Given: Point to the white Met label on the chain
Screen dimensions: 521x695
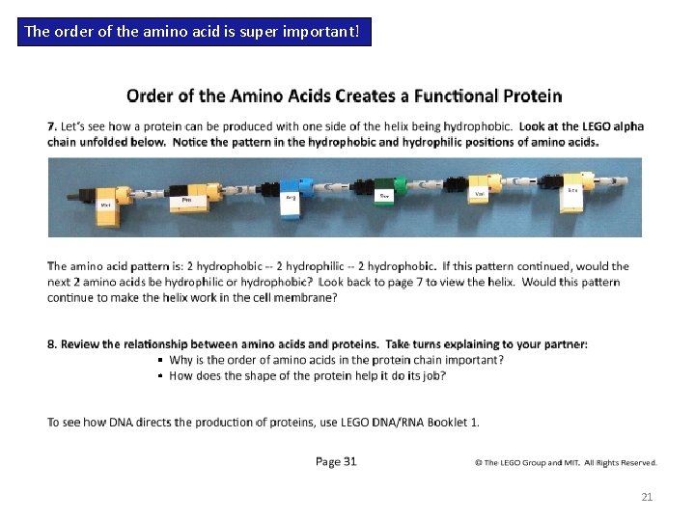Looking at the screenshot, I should [105, 206].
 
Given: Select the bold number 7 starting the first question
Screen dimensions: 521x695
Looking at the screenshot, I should [51, 126].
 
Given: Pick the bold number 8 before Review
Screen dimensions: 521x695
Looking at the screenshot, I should [51, 344].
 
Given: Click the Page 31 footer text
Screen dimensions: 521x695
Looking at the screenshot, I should [336, 461].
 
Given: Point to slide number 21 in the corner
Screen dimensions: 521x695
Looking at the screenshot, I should [647, 498].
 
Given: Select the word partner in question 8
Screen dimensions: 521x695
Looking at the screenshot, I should [564, 344].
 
